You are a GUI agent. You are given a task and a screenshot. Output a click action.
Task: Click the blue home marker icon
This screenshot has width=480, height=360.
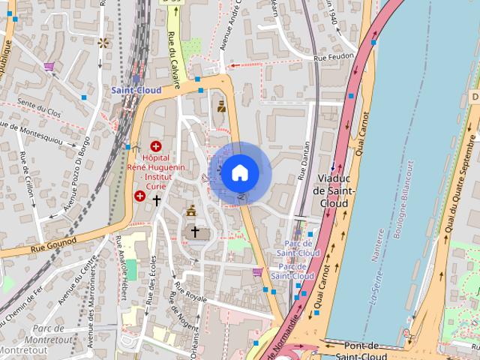pyautogui.click(x=239, y=172)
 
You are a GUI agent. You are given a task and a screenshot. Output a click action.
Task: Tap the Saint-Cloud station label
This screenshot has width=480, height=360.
pyautogui.click(x=136, y=90)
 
